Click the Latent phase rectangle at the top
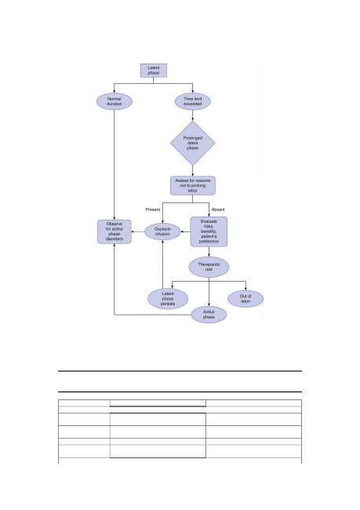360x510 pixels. (154, 71)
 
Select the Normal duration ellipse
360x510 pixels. (115, 101)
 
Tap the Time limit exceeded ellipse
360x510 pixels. (193, 101)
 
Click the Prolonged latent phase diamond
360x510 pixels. (193, 143)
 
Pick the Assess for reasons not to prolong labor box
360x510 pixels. (193, 185)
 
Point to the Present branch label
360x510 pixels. (152, 209)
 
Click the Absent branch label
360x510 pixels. (218, 209)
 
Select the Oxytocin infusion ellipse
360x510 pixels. (162, 231)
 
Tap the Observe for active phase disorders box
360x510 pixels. (115, 231)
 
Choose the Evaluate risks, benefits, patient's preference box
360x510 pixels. (209, 231)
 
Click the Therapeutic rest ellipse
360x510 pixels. (209, 267)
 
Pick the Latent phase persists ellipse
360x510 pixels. (168, 299)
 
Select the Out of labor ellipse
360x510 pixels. (245, 299)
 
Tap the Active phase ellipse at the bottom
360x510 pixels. (209, 315)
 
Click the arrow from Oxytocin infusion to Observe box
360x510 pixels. (138, 232)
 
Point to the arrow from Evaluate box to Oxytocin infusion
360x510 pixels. (185, 232)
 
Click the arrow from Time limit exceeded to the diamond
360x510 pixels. (192, 115)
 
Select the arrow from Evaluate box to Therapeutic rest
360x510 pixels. (209, 252)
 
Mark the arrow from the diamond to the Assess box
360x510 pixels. (192, 171)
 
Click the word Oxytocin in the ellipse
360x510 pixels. (162, 229)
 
